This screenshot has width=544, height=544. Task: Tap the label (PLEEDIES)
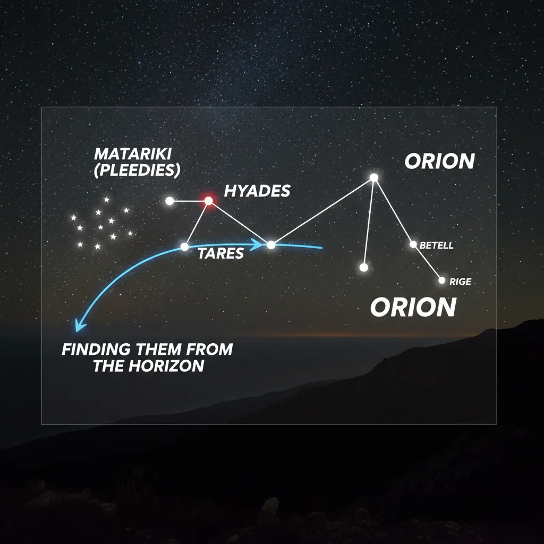[x=137, y=170]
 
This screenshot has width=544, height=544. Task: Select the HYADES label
[x=257, y=191]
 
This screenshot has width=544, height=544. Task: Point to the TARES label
[x=220, y=254]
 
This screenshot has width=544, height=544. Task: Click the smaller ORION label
[x=439, y=161]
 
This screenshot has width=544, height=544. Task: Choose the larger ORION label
[x=413, y=307]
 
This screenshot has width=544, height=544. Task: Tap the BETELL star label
[x=436, y=245]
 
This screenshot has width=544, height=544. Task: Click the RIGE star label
[x=460, y=282]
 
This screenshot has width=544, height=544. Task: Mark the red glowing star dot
[x=208, y=201]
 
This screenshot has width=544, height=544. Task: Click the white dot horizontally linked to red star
[x=169, y=201]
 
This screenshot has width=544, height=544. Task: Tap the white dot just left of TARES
[x=184, y=246]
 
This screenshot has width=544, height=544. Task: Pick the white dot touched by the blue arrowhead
[x=271, y=245]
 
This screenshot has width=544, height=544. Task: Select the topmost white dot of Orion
[x=374, y=177]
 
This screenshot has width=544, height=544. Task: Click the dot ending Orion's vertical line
[x=364, y=267]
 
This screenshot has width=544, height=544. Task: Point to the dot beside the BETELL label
[x=413, y=244]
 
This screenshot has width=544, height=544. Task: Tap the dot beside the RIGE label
[x=441, y=280]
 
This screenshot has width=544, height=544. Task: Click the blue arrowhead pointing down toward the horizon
[x=79, y=326]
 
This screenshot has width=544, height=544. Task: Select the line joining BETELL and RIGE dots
[x=428, y=262]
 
